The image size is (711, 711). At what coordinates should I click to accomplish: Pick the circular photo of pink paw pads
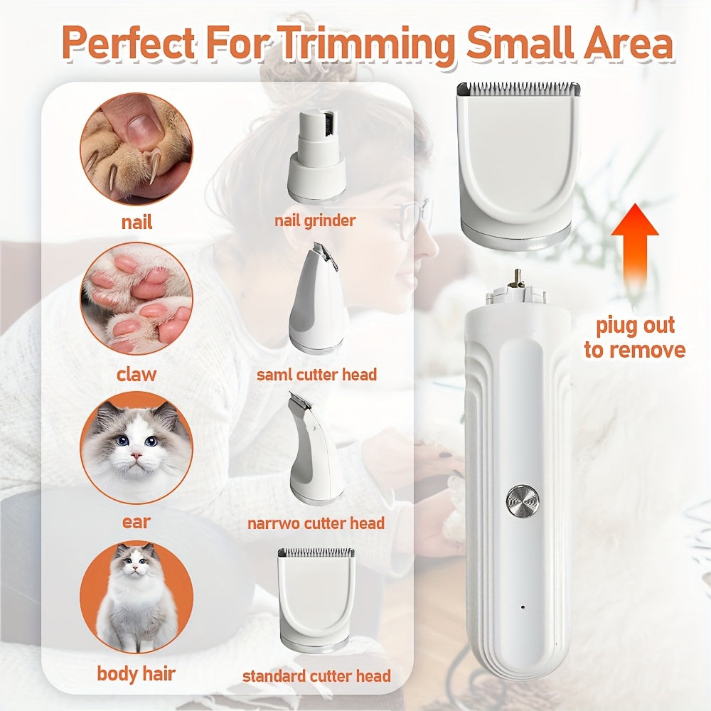pyautogui.click(x=136, y=299)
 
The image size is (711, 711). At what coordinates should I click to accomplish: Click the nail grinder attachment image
pyautogui.click(x=316, y=156)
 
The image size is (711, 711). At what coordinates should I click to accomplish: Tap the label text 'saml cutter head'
pyautogui.click(x=316, y=374)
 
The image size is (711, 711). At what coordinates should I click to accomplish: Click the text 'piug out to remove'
pyautogui.click(x=634, y=338)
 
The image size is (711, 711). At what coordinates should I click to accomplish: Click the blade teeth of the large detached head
pyautogui.click(x=518, y=88)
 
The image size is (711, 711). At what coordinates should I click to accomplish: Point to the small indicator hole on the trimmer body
pyautogui.click(x=523, y=609)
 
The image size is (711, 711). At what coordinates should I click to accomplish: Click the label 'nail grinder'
pyautogui.click(x=315, y=220)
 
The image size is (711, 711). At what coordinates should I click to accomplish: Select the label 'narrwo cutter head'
pyautogui.click(x=316, y=523)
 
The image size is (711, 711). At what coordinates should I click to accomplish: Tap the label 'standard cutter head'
pyautogui.click(x=316, y=675)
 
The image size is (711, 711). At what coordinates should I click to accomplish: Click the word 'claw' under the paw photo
pyautogui.click(x=136, y=374)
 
